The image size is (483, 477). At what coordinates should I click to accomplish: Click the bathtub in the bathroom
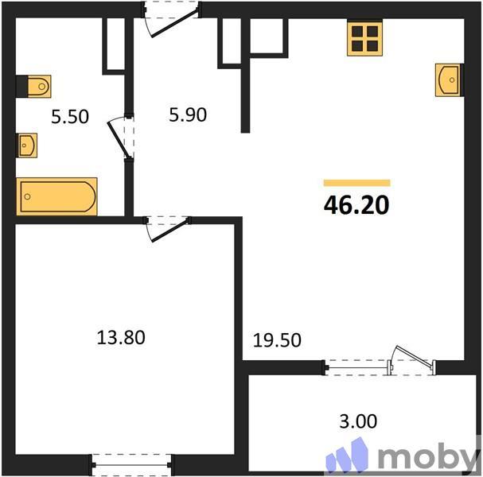[56, 196]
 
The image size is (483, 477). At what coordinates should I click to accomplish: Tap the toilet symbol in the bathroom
[35, 84]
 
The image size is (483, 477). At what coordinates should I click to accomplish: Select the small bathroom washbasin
[27, 145]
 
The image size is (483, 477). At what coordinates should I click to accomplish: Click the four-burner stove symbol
[365, 37]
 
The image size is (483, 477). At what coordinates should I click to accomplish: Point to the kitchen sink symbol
[448, 79]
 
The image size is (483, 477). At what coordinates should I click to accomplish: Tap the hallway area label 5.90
[188, 115]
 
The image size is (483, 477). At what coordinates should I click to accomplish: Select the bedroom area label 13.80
[121, 337]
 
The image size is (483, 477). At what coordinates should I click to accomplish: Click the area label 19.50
[278, 340]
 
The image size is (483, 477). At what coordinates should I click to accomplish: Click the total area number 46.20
[356, 205]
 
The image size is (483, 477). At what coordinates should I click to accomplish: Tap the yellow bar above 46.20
[356, 183]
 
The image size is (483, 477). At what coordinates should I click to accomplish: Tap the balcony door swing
[412, 361]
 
